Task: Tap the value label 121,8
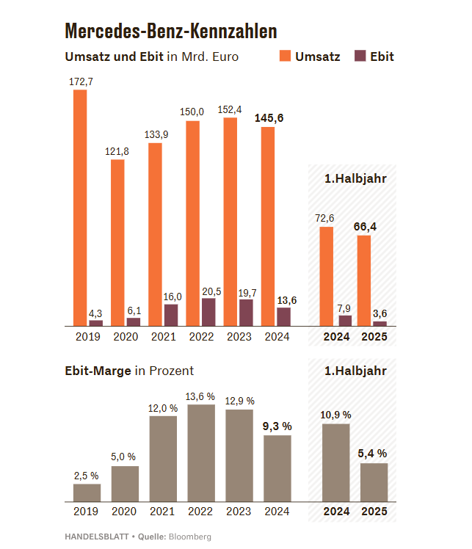tap(117, 151)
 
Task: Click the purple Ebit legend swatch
tap(360, 57)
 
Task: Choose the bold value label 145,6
tap(269, 117)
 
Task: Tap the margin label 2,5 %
tap(87, 476)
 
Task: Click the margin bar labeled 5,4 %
tap(374, 482)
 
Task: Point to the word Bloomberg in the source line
tap(190, 537)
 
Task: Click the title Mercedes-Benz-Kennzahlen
tap(170, 31)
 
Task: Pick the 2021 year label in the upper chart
tap(163, 337)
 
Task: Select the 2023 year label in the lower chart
tap(239, 512)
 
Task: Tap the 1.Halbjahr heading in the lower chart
tap(355, 371)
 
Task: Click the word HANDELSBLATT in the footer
tap(95, 537)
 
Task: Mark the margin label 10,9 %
tap(335, 415)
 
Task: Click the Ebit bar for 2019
tap(95, 322)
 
